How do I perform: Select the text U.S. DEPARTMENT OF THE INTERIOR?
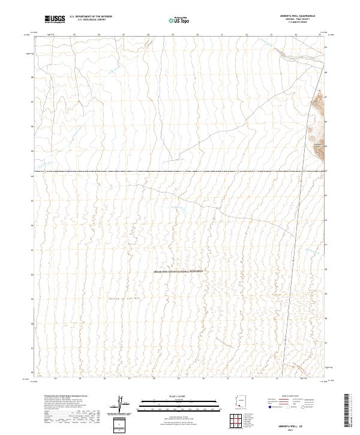91,17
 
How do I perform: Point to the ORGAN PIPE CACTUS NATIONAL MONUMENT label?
179,271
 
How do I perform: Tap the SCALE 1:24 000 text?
179,396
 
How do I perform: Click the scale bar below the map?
179,403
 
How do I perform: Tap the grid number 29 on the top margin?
173,35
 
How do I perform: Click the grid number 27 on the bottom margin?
130,379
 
